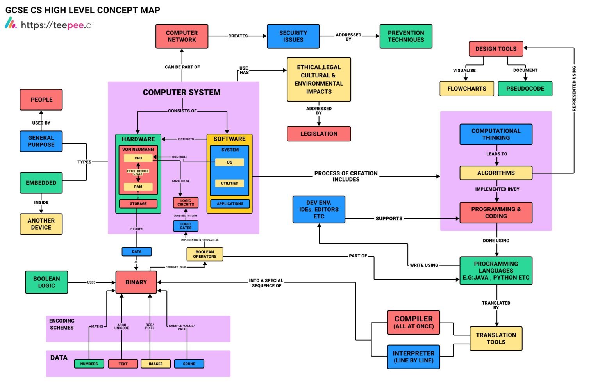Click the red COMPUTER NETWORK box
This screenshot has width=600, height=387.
182,36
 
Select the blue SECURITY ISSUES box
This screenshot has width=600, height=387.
293,36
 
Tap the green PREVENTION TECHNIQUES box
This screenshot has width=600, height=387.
405,36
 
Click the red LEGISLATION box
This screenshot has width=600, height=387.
319,134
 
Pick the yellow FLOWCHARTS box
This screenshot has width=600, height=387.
466,89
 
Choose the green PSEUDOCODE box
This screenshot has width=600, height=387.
525,89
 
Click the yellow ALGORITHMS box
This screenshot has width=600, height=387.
496,173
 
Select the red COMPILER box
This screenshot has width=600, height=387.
413,323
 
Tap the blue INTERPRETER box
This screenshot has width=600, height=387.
413,357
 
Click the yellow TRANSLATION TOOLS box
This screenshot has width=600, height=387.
496,338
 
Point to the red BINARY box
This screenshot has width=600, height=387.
136,282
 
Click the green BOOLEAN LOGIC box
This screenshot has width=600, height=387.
46,282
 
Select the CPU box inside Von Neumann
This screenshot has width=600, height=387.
138,158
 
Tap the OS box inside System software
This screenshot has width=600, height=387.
229,162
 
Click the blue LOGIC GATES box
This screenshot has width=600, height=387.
186,226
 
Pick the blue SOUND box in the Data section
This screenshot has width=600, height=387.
189,364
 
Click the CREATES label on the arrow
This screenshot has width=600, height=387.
238,36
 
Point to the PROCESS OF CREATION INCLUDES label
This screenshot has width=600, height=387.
346,176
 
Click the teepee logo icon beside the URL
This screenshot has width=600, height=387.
11,23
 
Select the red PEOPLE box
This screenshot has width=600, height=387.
41,100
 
